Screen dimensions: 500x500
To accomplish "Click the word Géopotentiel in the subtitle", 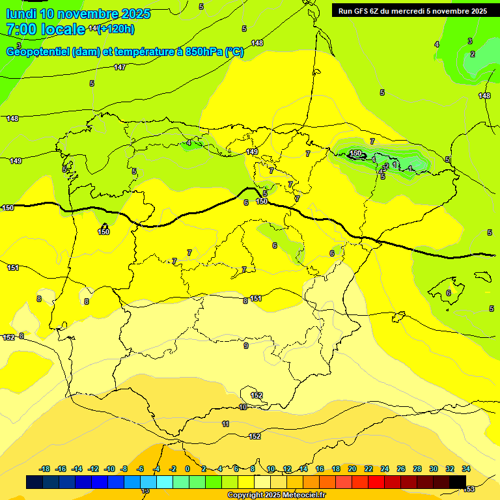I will point(37,52).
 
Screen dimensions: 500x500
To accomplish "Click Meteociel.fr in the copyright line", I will point(299,495).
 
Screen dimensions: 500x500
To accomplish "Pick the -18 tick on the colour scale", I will point(45,469).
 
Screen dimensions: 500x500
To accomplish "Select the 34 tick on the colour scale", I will point(466,469).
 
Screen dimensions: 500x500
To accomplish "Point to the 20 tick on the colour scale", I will point(352,469).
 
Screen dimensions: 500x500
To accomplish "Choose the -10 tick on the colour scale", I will point(109,469).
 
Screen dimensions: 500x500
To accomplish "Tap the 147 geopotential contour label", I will point(120,67).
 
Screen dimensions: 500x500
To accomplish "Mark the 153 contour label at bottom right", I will point(469,489).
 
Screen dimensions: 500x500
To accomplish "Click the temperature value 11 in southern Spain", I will point(226,424).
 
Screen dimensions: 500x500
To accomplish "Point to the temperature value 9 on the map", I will point(245,346).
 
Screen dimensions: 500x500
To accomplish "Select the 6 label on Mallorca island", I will point(449,293).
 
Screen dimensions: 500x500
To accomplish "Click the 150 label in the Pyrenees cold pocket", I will point(355,154).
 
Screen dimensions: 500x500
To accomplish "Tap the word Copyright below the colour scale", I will point(245,495).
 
